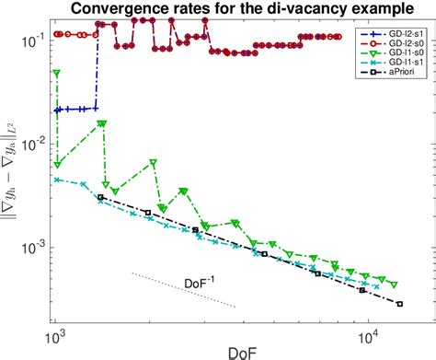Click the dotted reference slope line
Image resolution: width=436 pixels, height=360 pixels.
tap(184, 290)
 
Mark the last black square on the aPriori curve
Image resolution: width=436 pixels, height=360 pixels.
tap(400, 303)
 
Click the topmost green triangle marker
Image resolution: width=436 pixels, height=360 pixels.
tap(57, 74)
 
